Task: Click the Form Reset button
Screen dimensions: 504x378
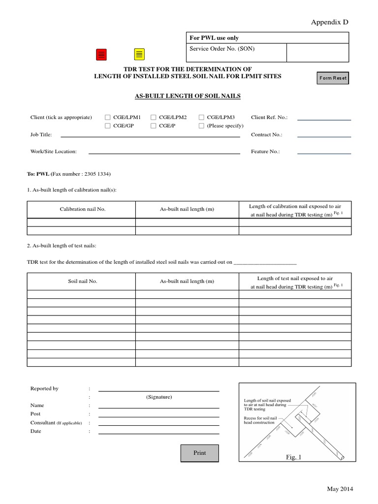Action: (x=333, y=78)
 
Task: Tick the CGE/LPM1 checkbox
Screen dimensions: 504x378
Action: (x=108, y=117)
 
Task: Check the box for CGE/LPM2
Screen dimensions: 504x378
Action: (x=154, y=117)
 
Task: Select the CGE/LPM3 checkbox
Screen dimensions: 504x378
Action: (x=201, y=117)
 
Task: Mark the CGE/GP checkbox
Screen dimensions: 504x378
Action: (x=108, y=126)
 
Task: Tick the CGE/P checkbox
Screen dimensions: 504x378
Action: (x=154, y=126)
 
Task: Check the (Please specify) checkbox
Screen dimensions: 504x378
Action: (x=201, y=126)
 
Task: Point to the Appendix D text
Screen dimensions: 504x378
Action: (x=329, y=22)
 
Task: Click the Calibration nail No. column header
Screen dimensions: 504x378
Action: (x=83, y=209)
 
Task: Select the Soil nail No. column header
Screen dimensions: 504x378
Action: (x=83, y=282)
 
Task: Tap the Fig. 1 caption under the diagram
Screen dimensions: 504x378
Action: (x=293, y=457)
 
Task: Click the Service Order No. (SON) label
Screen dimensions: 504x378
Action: (x=222, y=49)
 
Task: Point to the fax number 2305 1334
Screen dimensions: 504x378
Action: (x=97, y=174)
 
